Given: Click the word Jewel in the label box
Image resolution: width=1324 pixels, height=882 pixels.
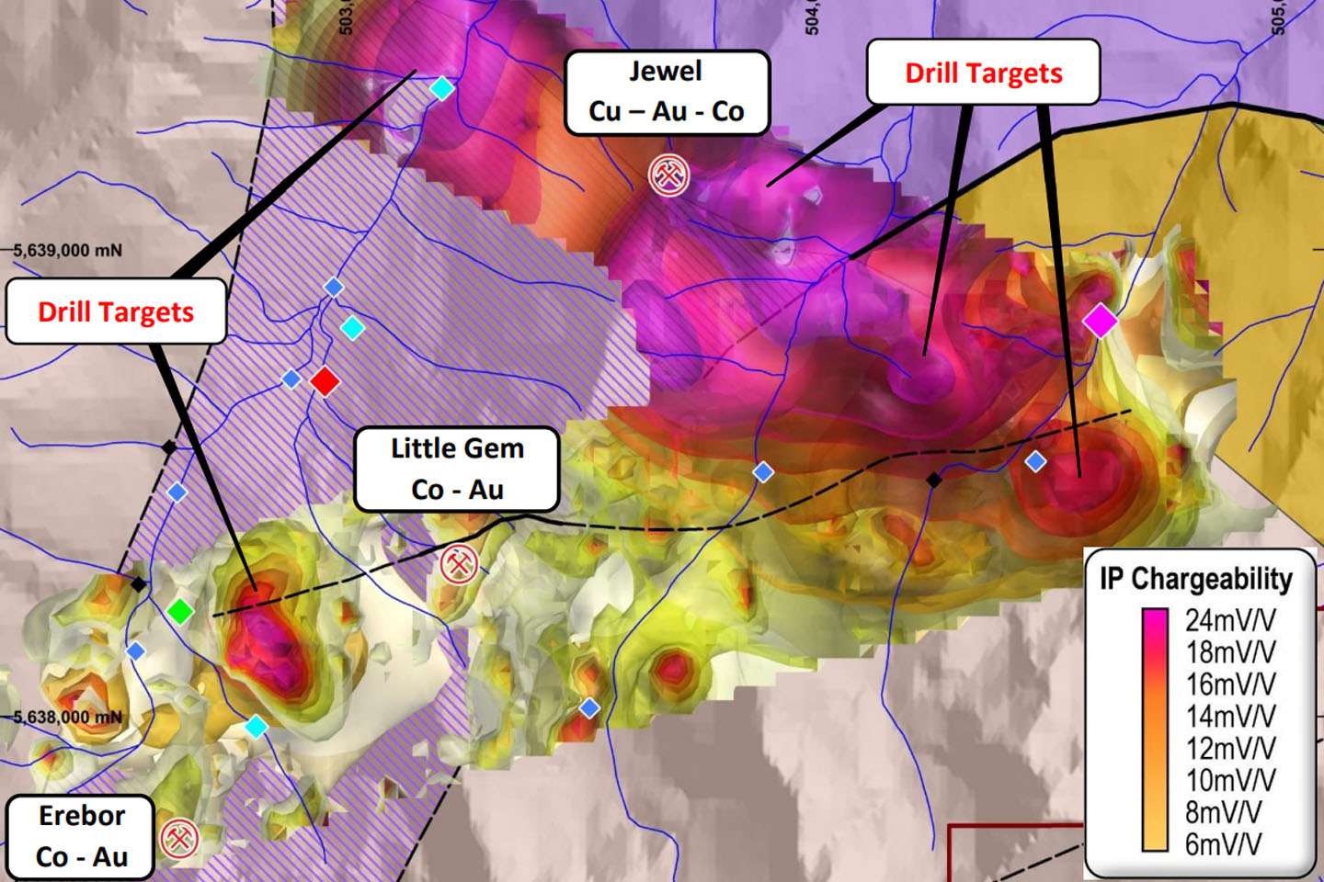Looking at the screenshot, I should [x=665, y=72].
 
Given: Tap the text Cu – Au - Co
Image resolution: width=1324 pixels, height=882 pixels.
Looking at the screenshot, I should [x=666, y=111].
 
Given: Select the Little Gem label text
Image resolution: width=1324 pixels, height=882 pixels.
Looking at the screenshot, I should [x=457, y=448].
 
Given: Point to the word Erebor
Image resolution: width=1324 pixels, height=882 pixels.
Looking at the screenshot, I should [x=82, y=816].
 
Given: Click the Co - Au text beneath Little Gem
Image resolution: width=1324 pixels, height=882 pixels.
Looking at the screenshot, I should [x=457, y=490].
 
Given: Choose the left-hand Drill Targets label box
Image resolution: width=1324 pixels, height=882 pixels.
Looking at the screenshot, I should [x=116, y=312].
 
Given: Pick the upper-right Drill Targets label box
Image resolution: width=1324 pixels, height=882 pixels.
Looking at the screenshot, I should [x=983, y=73].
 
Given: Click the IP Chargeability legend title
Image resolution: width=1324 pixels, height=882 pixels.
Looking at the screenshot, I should [x=1195, y=579].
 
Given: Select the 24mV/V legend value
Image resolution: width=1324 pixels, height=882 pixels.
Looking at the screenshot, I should [x=1230, y=620].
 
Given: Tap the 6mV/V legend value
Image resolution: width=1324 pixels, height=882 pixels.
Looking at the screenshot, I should [x=1223, y=843].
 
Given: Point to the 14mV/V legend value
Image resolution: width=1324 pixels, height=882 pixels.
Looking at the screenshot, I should [x=1230, y=716].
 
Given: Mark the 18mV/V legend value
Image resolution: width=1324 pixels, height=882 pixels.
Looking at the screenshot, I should [x=1230, y=652].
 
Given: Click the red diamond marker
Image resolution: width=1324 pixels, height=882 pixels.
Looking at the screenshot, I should [x=325, y=380].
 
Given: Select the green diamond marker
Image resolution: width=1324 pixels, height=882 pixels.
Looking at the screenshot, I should [x=181, y=610].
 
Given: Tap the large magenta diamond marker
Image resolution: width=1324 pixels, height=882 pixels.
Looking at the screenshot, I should [x=1100, y=321].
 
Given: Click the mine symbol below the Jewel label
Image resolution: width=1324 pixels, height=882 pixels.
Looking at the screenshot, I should [x=668, y=175].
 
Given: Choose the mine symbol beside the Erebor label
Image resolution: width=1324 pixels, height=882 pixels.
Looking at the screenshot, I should [x=178, y=838].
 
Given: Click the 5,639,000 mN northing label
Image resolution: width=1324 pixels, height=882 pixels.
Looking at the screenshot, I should [x=67, y=250].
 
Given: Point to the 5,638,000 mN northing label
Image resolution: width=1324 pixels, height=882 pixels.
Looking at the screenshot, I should [x=67, y=717].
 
